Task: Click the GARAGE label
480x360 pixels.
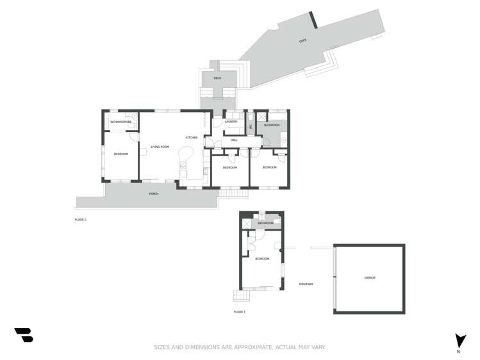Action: (x=369, y=277)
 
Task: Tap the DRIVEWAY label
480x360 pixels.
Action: (x=306, y=284)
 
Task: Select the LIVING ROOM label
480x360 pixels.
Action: (x=160, y=147)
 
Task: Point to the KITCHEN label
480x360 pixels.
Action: (x=191, y=138)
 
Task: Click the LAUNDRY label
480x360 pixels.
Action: (x=231, y=122)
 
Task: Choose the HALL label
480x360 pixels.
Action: (x=234, y=140)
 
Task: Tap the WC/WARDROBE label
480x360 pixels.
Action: (x=120, y=121)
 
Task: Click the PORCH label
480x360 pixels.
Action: (x=154, y=193)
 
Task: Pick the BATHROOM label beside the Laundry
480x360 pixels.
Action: (x=272, y=125)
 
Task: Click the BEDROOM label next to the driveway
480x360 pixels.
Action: (x=261, y=259)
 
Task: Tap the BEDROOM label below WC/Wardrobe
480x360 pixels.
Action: (x=120, y=154)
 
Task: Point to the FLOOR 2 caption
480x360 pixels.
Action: (x=80, y=220)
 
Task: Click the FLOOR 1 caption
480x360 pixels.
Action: (x=239, y=312)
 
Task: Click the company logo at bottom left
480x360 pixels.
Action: (x=23, y=335)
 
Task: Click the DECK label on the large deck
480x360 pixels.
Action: (x=302, y=41)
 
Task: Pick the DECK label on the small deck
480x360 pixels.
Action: (x=217, y=78)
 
